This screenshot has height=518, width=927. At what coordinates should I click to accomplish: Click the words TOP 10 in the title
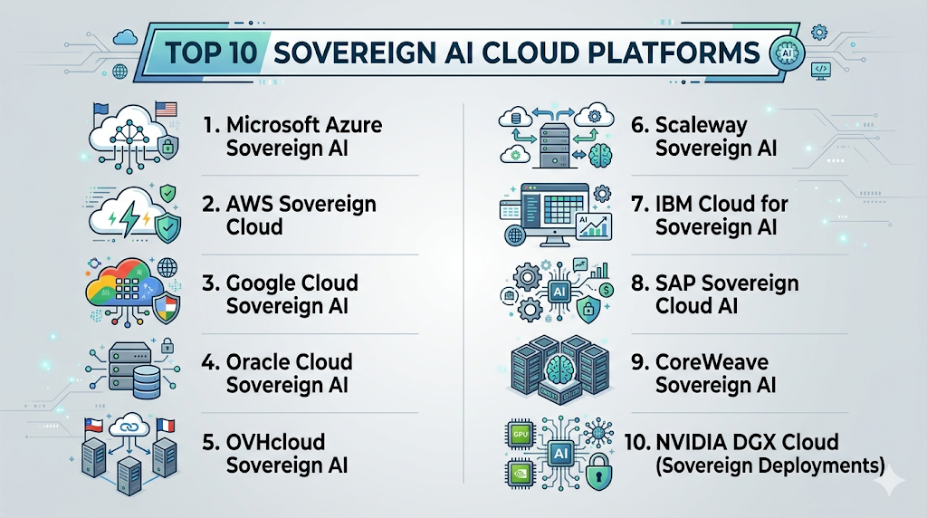point(211,53)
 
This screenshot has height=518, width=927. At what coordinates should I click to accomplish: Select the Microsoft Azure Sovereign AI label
point(292,137)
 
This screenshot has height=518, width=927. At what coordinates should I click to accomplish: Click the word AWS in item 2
point(250,204)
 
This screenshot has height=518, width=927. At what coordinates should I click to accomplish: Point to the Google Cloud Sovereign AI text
point(281,294)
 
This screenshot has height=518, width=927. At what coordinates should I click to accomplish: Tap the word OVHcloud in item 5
point(275,442)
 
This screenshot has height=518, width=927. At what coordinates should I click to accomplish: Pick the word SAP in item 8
point(675,283)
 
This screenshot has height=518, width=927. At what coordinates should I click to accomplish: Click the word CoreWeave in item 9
point(712,362)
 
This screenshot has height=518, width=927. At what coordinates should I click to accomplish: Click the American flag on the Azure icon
point(166,110)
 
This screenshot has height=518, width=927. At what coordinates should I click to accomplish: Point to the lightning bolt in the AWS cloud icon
point(129,219)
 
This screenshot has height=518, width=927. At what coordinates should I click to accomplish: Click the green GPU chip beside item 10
point(521,435)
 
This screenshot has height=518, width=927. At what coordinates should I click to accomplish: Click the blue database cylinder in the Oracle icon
point(147,381)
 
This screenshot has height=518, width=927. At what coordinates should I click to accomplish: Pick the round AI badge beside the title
point(787,53)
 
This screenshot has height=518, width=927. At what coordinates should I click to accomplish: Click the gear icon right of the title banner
point(819,32)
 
